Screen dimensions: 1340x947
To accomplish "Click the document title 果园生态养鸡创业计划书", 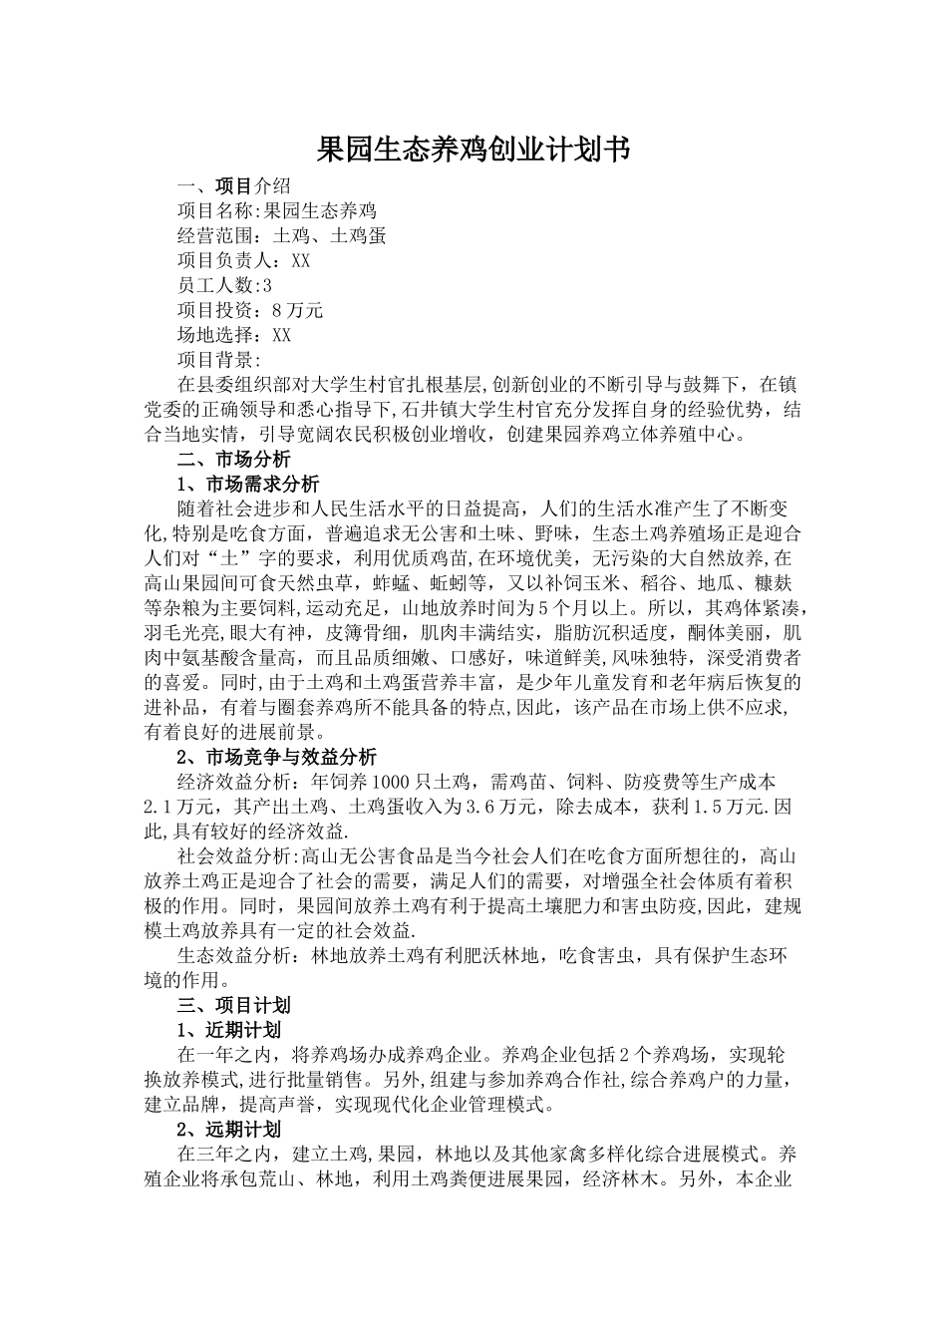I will pyautogui.click(x=473, y=151).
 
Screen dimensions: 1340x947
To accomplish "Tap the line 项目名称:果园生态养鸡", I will pyautogui.click(x=276, y=210).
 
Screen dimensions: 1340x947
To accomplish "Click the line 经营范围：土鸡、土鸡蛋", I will pyautogui.click(x=281, y=235).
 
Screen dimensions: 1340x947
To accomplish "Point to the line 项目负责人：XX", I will pyautogui.click(x=244, y=260).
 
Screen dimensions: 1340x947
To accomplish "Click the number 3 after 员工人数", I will pyautogui.click(x=266, y=285).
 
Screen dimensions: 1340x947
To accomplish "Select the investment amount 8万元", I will pyautogui.click(x=298, y=310).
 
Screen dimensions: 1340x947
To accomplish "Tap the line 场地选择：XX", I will pyautogui.click(x=234, y=335).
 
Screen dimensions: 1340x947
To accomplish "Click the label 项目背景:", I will pyautogui.click(x=219, y=360).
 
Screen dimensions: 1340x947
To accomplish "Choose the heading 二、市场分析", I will pyautogui.click(x=233, y=460).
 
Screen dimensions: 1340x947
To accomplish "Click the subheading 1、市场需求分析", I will pyautogui.click(x=247, y=485).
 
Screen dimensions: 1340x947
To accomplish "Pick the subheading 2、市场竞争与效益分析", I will pyautogui.click(x=276, y=757).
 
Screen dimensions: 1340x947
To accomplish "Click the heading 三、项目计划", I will pyautogui.click(x=233, y=1005).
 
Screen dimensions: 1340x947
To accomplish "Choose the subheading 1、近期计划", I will pyautogui.click(x=228, y=1030).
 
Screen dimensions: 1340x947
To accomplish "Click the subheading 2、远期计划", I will pyautogui.click(x=228, y=1130).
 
